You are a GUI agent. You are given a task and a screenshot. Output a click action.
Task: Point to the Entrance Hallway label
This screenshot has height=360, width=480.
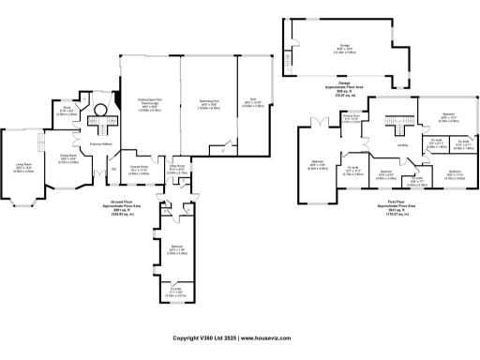click(101, 143)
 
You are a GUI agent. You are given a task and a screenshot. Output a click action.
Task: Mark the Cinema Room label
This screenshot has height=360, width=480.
click(139, 169)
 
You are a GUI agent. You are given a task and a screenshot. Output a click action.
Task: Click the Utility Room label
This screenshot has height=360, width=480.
click(176, 169)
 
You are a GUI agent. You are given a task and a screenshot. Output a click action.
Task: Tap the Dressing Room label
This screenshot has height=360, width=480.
click(352, 119)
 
